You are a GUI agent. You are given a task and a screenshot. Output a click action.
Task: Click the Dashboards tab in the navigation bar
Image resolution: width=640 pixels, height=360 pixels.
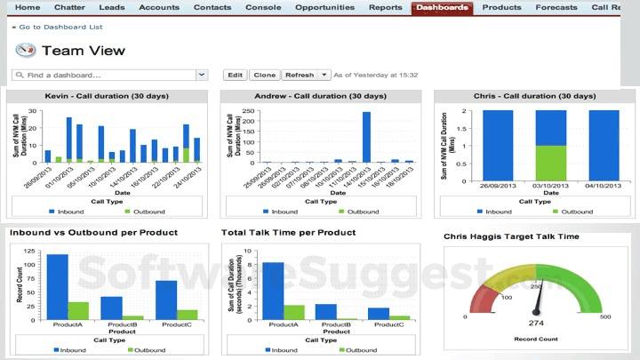click(x=442, y=7)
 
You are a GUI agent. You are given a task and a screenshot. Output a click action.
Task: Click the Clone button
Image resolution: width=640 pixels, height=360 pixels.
click(x=263, y=76)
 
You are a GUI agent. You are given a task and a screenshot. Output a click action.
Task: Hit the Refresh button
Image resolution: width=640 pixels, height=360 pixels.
click(x=300, y=76)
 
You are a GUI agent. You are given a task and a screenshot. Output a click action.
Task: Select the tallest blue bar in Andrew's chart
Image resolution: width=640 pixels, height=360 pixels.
click(x=366, y=137)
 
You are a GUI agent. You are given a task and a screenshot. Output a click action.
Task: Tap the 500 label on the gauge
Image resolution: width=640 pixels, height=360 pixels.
click(x=605, y=316)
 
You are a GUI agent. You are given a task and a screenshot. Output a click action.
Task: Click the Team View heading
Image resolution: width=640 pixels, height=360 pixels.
click(x=84, y=51)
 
